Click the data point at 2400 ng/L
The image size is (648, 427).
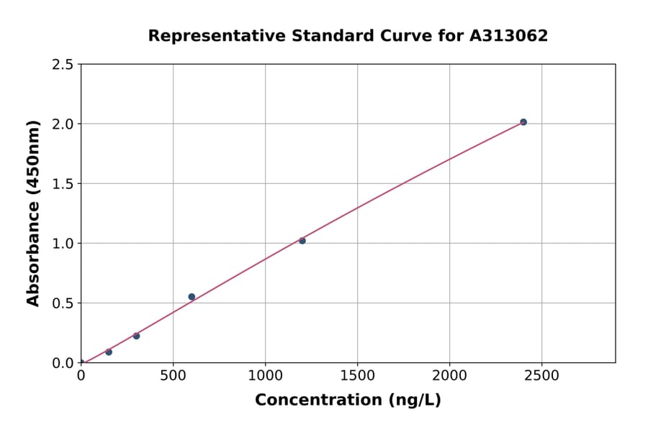coord(523,122)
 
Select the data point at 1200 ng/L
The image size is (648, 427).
coord(302,241)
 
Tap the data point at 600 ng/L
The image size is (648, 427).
coord(192,297)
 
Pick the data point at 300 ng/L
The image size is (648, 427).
coord(136,336)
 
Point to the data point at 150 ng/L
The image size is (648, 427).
coord(109,352)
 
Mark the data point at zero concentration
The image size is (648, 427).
coord(81,363)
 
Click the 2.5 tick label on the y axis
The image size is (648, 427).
coord(62,65)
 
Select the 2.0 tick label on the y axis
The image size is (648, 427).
coord(62,124)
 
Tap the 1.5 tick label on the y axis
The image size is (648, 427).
coord(62,184)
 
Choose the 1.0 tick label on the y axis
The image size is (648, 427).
coord(62,244)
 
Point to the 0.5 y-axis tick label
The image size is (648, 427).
coord(62,303)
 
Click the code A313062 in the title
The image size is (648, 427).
coord(509,36)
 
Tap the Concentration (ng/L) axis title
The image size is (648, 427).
coord(348,400)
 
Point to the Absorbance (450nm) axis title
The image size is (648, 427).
coord(33,213)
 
